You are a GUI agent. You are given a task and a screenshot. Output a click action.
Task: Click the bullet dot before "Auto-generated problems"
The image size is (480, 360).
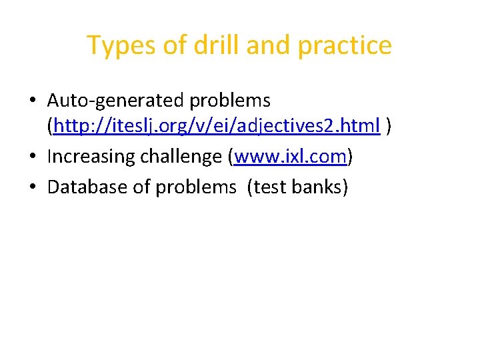tap(33, 101)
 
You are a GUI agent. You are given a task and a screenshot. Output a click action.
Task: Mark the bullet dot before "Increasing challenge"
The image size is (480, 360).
tap(33, 157)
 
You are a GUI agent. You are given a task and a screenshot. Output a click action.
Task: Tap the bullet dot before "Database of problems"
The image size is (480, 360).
tap(33, 187)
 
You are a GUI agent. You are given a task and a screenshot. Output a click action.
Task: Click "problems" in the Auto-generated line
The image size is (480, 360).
tap(231, 101)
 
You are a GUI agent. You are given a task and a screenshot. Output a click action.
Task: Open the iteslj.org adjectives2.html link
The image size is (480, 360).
tap(217, 125)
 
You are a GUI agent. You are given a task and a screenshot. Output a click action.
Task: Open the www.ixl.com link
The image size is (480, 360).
tap(291, 157)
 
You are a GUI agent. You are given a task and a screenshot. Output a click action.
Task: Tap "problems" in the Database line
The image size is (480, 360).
tap(196, 187)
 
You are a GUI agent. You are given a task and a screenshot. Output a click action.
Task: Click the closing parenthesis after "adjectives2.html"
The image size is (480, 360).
tap(389, 125)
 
